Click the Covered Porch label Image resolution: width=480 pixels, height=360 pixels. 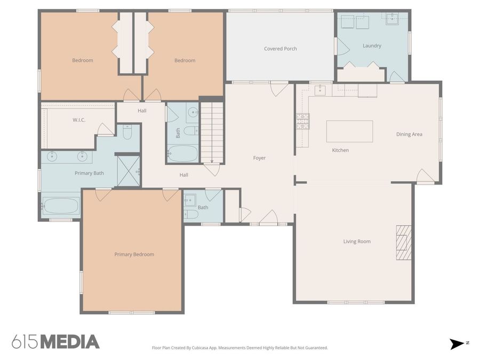click(x=281, y=49)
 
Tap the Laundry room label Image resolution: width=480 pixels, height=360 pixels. click(x=372, y=46)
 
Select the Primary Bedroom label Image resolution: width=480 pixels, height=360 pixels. click(x=134, y=254)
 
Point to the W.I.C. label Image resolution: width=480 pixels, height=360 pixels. click(x=79, y=120)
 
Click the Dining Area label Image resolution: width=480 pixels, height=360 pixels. click(x=409, y=134)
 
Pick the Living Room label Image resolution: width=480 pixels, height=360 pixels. click(x=357, y=242)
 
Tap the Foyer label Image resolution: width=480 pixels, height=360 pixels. click(x=259, y=158)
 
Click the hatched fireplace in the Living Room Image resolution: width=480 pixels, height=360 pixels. click(x=404, y=243)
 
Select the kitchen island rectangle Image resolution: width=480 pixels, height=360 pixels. click(x=349, y=131)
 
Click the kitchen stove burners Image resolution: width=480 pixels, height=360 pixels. click(x=303, y=121)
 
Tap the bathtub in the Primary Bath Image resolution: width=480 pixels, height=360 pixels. click(x=61, y=205)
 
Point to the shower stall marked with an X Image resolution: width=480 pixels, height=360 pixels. click(x=129, y=171)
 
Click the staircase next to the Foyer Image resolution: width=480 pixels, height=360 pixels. click(x=212, y=133)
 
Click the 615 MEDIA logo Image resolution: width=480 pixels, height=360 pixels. click(x=55, y=342)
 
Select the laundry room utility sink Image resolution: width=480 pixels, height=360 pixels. click(x=392, y=19)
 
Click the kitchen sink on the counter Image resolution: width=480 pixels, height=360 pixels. click(x=320, y=90)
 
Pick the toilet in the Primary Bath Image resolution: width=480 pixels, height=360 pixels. click(x=127, y=132)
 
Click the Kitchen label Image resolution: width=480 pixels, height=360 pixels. click(x=340, y=150)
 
